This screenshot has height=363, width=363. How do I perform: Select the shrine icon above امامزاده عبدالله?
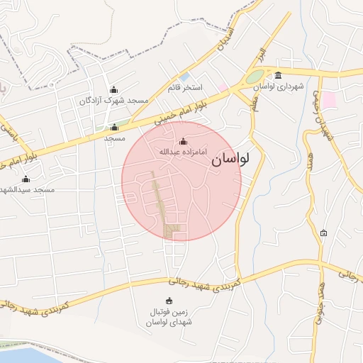pos(184,141)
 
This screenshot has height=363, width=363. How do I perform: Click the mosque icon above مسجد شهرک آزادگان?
pos(113,89)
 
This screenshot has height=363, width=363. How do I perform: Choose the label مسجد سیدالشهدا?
pos(27,189)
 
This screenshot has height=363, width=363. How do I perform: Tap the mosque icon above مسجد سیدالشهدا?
pos(26,179)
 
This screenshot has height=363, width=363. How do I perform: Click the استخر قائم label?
pos(185,87)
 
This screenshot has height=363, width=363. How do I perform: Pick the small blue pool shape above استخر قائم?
pos(184,76)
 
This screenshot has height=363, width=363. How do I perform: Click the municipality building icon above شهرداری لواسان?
pos(278,75)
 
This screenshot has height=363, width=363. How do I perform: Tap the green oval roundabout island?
pos(254,77)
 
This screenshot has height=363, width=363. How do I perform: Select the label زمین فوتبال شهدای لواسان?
pos(169,317)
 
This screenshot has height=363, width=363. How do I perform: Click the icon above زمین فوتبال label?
pos(169,301)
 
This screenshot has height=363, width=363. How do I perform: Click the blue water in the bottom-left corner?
pos(28,355)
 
